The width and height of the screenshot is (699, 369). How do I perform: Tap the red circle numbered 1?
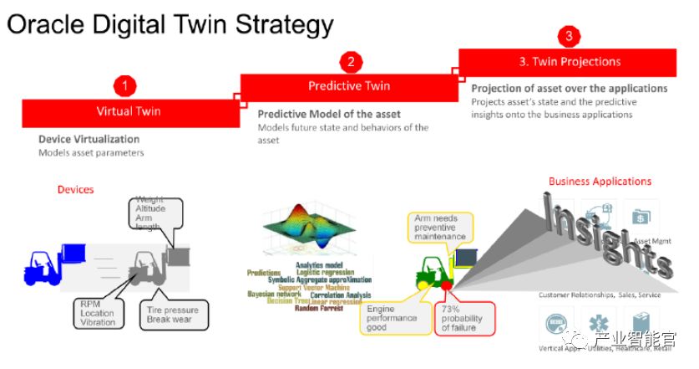coord(125,85)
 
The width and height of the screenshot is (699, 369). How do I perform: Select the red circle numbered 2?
coord(351,61)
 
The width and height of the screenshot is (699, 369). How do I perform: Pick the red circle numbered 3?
coord(569,36)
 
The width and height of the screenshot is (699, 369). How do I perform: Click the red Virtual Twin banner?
coord(129,111)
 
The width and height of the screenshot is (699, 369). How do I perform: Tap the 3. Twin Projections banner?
coord(569,62)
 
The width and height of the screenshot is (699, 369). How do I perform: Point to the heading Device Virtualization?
coord(89,139)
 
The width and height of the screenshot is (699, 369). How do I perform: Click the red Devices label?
coord(75,190)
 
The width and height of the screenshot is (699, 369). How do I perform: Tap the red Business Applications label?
coord(600,182)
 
